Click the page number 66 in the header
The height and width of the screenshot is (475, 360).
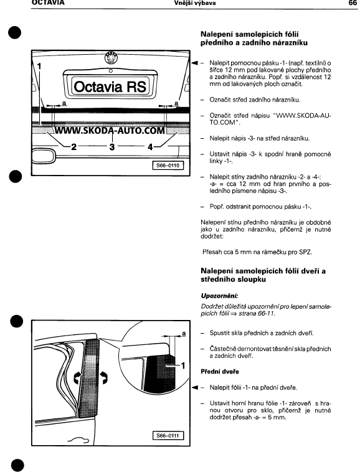[x=353, y=2]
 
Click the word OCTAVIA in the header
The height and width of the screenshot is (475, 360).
[x=48, y=2]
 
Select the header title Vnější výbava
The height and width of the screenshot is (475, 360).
[x=195, y=3]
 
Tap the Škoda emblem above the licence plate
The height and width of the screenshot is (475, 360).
[x=111, y=57]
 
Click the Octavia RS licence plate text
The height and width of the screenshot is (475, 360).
[x=110, y=87]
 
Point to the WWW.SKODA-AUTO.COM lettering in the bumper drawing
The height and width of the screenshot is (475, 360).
[x=110, y=130]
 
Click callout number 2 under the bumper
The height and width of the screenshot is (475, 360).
[x=73, y=147]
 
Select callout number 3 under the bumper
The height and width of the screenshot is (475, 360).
[x=112, y=147]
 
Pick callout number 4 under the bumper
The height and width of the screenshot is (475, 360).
[x=150, y=147]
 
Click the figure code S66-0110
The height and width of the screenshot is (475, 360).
[x=168, y=166]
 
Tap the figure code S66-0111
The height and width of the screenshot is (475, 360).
[x=168, y=436]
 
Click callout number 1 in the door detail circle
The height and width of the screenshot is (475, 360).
[x=183, y=365]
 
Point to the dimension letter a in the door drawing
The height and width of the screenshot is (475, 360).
[x=184, y=334]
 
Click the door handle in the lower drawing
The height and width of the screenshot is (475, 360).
[x=78, y=440]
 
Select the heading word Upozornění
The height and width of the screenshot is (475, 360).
[x=219, y=296]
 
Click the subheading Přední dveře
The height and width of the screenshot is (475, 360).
[x=220, y=372]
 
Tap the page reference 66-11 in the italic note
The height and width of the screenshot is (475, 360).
[x=266, y=314]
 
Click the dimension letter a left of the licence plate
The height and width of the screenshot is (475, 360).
[x=64, y=103]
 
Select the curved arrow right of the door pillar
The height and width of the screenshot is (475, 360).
[x=105, y=377]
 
